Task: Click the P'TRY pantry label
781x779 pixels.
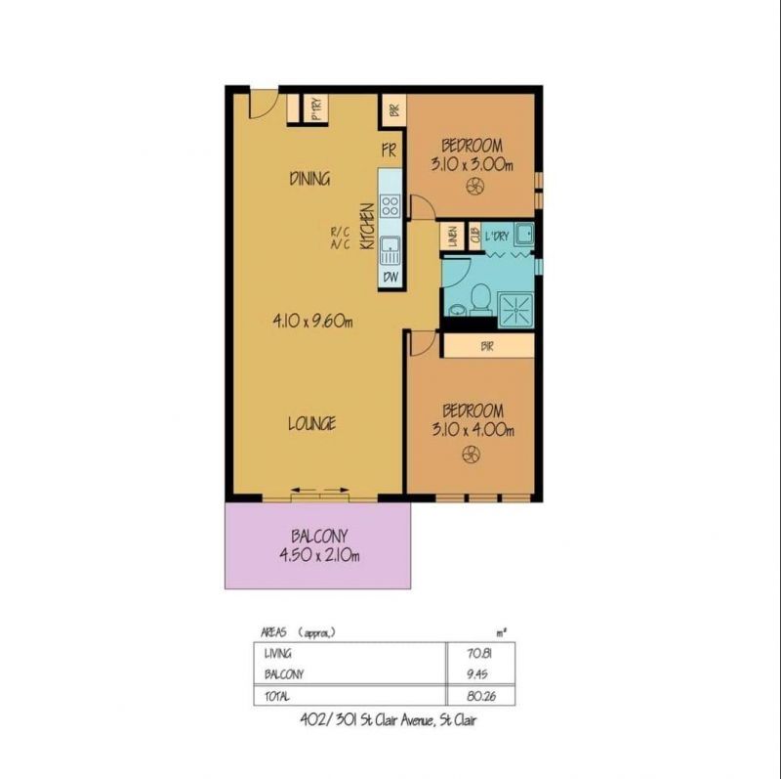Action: [x=315, y=108]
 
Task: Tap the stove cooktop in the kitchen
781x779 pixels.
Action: [x=390, y=205]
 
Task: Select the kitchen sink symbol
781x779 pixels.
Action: [x=390, y=250]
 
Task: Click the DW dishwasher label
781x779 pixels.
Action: [x=390, y=278]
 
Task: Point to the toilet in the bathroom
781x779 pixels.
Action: [x=481, y=299]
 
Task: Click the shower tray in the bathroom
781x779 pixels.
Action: [x=516, y=310]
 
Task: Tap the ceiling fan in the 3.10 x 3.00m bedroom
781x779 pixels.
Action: [x=474, y=187]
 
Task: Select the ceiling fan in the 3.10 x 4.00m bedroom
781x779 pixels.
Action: [x=471, y=454]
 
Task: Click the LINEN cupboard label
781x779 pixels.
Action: [x=452, y=237]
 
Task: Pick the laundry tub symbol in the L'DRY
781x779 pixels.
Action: [x=524, y=234]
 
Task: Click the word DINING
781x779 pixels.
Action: [x=309, y=179]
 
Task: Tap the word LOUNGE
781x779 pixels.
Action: [x=311, y=423]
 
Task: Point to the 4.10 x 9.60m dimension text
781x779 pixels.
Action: [x=312, y=322]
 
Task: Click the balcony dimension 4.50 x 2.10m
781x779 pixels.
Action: [x=319, y=555]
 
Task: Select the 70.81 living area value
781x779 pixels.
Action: [x=480, y=653]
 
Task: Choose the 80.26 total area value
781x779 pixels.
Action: [x=481, y=696]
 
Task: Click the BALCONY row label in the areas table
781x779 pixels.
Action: [x=284, y=674]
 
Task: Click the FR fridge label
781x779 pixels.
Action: [x=389, y=151]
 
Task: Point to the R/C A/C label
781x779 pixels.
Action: [x=340, y=238]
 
